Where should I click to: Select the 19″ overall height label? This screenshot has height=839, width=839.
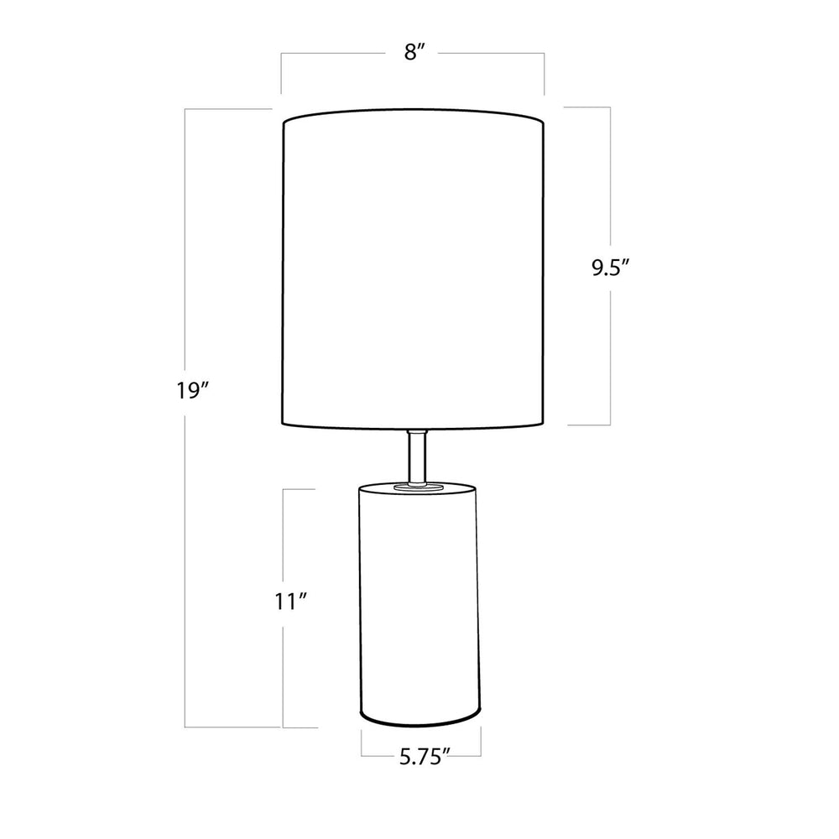pos(192,391)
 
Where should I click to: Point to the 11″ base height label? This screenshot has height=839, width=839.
pos(289,602)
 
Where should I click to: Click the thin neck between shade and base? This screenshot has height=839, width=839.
pos(416,456)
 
